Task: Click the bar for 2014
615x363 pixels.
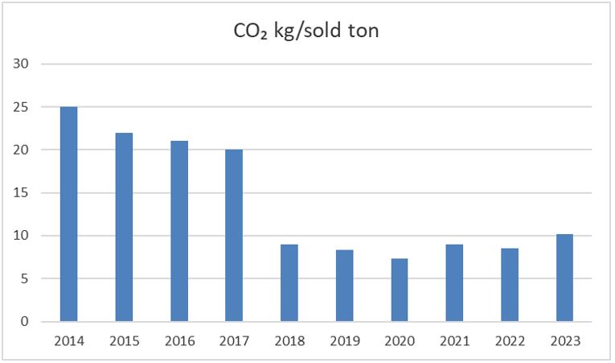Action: (x=68, y=214)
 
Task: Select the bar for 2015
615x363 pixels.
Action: (x=124, y=227)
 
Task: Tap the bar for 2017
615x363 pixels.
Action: (x=234, y=236)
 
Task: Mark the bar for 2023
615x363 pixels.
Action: (x=564, y=278)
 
